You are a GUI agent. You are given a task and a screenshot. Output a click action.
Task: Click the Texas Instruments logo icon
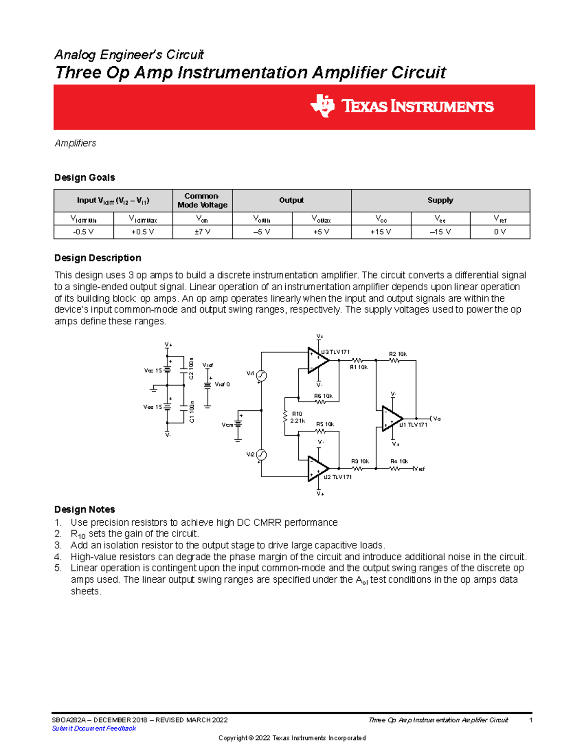pyautogui.click(x=322, y=106)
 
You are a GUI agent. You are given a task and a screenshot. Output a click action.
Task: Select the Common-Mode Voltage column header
pyautogui.click(x=202, y=201)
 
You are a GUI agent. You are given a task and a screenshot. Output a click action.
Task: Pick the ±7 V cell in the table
pyautogui.click(x=202, y=232)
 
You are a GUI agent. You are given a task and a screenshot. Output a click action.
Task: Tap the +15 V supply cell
pyautogui.click(x=381, y=232)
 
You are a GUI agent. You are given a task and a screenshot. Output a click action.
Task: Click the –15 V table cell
pyautogui.click(x=440, y=232)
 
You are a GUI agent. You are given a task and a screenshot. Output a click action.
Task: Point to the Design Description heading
pyautogui.click(x=97, y=258)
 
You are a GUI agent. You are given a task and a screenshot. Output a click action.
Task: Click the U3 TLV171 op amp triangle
pyautogui.click(x=317, y=360)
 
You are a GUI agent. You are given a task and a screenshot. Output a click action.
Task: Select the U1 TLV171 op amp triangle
pyautogui.click(x=391, y=419)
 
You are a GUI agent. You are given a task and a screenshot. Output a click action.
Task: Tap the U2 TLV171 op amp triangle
pyautogui.click(x=317, y=469)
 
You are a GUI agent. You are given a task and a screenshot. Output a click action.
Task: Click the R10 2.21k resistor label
pyautogui.click(x=297, y=417)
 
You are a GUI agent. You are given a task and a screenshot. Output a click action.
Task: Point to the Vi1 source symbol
pyautogui.click(x=261, y=376)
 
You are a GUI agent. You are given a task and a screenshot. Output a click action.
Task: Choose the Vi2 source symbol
pyautogui.click(x=261, y=455)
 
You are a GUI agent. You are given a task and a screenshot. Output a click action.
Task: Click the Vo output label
pyautogui.click(x=437, y=419)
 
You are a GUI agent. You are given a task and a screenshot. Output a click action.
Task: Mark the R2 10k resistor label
pyautogui.click(x=398, y=354)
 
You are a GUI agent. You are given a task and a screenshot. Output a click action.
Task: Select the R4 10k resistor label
pyautogui.click(x=399, y=461)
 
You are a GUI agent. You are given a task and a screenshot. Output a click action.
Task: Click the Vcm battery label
pyautogui.click(x=227, y=425)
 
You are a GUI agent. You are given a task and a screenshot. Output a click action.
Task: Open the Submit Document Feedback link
pyautogui.click(x=94, y=728)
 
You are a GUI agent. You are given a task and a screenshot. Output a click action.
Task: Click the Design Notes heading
pyautogui.click(x=84, y=510)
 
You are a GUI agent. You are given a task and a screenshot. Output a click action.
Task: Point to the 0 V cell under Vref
pyautogui.click(x=500, y=232)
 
